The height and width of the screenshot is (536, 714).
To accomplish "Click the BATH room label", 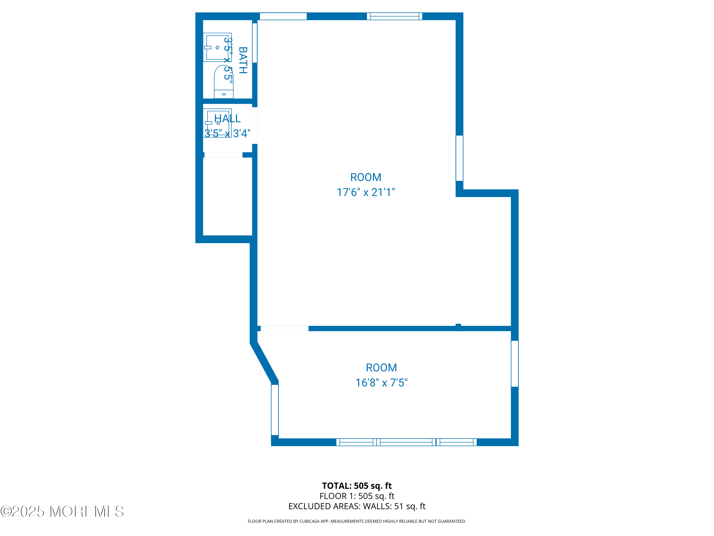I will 243,61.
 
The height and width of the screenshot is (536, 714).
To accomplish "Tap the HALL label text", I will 227,119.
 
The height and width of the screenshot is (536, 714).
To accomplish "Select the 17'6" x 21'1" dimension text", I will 366,192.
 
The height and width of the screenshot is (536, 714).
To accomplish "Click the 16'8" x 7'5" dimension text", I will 381,383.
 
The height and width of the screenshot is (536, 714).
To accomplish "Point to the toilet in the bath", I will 224,82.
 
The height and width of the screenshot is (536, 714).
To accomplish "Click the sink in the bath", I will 217,47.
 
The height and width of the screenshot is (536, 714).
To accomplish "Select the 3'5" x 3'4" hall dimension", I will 227,133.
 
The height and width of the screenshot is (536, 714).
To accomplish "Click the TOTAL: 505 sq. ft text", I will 357,485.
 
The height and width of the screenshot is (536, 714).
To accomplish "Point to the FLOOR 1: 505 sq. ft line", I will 357,496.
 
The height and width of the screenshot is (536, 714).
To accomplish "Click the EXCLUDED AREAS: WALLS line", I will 357,506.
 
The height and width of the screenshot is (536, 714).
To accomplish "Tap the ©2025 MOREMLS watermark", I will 62,511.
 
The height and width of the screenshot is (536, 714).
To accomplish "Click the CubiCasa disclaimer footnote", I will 357,521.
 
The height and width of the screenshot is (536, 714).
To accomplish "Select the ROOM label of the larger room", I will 366,177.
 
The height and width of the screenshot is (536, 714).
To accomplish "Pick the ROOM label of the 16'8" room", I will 381,368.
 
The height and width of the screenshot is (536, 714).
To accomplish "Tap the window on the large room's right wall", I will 459,158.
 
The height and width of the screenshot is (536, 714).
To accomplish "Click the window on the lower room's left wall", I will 275,410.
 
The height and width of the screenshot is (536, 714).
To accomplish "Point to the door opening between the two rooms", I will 284,329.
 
